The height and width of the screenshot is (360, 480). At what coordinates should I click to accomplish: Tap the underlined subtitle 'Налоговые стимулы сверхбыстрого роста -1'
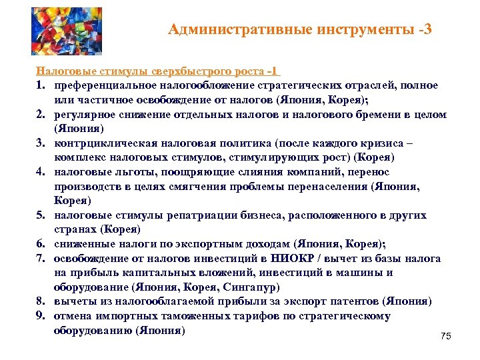tap(158, 71)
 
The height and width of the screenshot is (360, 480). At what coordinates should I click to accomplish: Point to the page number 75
tap(446, 337)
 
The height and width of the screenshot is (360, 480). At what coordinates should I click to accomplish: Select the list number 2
tap(41, 115)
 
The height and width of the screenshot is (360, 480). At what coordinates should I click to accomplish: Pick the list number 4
tap(41, 172)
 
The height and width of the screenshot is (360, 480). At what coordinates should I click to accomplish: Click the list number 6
tap(41, 244)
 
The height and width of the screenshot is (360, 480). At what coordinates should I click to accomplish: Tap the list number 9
tap(41, 316)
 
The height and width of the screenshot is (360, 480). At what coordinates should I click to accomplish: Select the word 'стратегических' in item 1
tap(305, 85)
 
